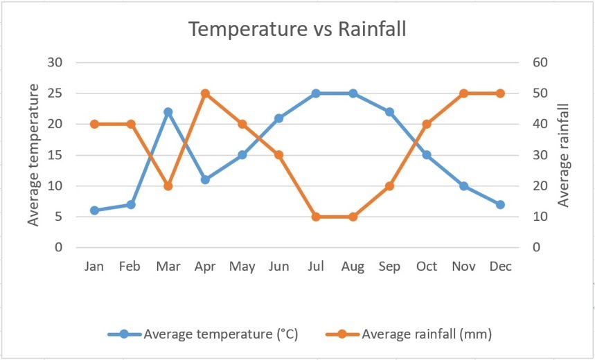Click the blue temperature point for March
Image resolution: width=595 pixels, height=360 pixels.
(168, 111)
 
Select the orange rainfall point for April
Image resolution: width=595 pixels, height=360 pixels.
(205, 93)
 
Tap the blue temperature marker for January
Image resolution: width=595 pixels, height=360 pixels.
(94, 210)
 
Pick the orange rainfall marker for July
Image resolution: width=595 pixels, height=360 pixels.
(316, 217)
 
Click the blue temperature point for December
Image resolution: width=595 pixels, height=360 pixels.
(500, 204)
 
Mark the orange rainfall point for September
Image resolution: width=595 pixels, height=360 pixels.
(389, 186)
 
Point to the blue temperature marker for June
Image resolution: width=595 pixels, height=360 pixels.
(278, 118)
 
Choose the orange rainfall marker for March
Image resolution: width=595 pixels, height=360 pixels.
(168, 186)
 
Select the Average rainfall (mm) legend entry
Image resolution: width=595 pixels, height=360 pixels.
(426, 334)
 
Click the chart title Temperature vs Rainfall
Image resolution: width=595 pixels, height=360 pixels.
(298, 30)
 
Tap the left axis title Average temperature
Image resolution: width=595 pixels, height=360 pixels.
(33, 154)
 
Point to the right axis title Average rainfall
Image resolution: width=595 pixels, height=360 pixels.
(563, 154)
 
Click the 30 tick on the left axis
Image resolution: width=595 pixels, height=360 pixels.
(55, 62)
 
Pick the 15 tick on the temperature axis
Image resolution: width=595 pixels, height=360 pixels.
(55, 155)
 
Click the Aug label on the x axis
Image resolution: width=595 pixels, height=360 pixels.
(353, 267)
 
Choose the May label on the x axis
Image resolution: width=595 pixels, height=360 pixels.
(242, 267)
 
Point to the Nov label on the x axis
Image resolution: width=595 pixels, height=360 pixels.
(463, 267)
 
